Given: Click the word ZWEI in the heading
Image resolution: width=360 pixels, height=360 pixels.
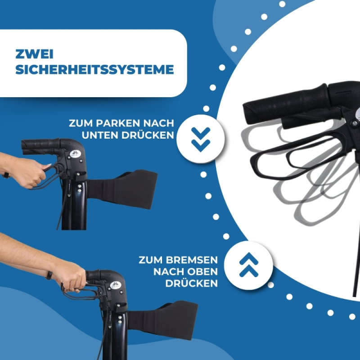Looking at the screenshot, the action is click(35, 54).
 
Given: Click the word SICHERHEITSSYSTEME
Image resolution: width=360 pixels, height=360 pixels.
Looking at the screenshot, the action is click(94, 70).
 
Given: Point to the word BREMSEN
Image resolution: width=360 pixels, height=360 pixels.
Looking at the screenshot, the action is click(192, 260).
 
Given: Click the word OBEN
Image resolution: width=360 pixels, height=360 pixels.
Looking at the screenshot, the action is click(203, 272).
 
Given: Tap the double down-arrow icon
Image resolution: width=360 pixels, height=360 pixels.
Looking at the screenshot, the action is click(201, 139).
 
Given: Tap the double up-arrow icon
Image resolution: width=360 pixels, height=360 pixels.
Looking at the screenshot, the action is click(249, 265).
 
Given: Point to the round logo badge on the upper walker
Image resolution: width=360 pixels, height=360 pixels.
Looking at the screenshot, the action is click(75, 153).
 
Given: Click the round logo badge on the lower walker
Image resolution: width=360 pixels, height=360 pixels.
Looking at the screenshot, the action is click(116, 285).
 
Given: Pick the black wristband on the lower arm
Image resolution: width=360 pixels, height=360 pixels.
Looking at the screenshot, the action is click(49, 275).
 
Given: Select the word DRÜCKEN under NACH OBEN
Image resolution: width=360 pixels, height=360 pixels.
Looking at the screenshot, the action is click(192, 283).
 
